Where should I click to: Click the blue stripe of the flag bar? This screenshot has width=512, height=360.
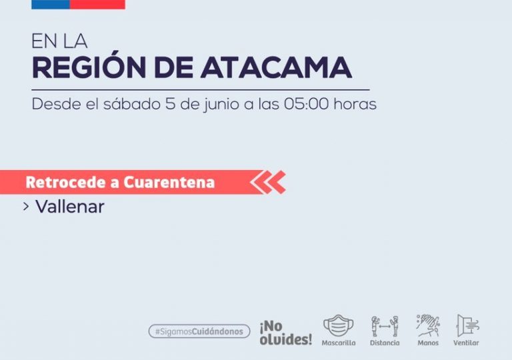51,4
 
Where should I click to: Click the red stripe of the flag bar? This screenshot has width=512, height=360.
97,4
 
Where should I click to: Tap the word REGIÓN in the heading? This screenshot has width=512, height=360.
89,67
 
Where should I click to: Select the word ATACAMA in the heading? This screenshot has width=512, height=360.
276,67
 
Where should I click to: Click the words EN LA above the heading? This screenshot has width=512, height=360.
59,41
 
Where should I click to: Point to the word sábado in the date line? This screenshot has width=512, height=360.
132,104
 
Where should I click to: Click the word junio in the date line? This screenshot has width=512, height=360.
221,105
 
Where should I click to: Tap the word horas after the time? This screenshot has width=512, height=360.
355,104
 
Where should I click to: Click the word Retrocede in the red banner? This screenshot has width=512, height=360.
66,182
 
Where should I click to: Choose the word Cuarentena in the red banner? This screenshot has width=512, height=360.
169,182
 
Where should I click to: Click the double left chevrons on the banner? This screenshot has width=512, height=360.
268,182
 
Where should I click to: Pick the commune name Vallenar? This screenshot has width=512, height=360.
70,207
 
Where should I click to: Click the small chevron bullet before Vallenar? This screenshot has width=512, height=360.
26,207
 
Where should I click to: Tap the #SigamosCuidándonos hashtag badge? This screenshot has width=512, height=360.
199,331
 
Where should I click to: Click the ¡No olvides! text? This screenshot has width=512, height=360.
286,333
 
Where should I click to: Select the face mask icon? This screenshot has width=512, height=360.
338,325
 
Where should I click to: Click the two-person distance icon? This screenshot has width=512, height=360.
385,326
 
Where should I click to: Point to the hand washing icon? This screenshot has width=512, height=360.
428,325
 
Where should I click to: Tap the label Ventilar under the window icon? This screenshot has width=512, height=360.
466,343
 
